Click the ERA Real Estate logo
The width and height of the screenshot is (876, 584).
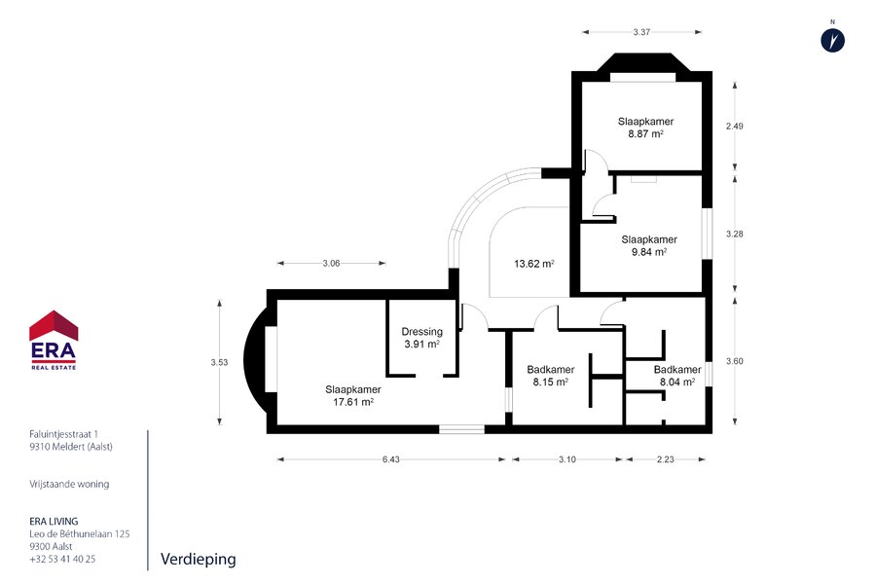click(54, 340)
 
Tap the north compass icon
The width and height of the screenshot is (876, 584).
click(832, 40)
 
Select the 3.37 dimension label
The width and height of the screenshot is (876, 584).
click(641, 32)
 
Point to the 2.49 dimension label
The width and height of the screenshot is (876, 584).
click(735, 127)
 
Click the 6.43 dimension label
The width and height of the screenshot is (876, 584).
click(391, 459)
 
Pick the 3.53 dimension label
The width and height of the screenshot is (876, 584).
click(220, 362)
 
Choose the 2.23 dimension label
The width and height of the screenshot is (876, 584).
click(666, 459)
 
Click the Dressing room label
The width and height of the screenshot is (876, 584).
click(421, 332)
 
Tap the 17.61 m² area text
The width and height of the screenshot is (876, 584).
click(353, 402)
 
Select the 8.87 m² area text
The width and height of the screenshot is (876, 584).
click(646, 134)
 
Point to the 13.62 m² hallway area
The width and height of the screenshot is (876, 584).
click(534, 264)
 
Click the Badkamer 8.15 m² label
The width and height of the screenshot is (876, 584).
click(551, 376)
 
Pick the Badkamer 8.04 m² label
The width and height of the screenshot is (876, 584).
click(677, 376)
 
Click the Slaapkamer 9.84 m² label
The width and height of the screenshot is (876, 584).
click(649, 246)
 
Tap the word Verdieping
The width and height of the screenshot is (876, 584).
click(199, 560)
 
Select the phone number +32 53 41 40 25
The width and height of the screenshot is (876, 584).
click(62, 559)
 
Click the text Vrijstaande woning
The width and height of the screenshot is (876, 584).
click(69, 484)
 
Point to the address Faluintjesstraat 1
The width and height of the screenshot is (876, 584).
click(63, 434)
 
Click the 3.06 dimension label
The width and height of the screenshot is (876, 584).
click(331, 263)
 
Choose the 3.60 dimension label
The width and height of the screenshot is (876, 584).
click(735, 361)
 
